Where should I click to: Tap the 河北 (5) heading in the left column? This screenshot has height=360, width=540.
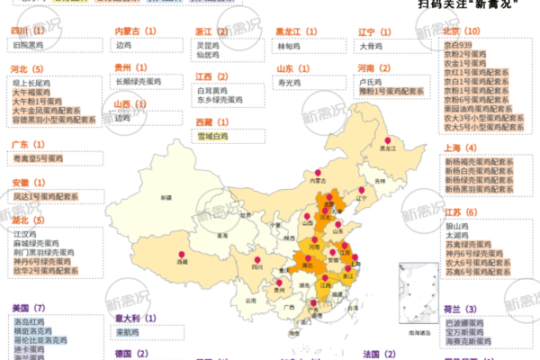[x=27, y=68]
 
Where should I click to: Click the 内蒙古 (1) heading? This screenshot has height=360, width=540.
[x=136, y=30]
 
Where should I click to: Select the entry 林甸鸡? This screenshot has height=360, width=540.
[x=289, y=43]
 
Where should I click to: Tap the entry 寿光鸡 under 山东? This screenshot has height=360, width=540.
[x=289, y=81]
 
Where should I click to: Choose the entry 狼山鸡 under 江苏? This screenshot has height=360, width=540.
[x=457, y=225]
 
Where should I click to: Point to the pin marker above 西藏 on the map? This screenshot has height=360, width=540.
[x=184, y=253]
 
